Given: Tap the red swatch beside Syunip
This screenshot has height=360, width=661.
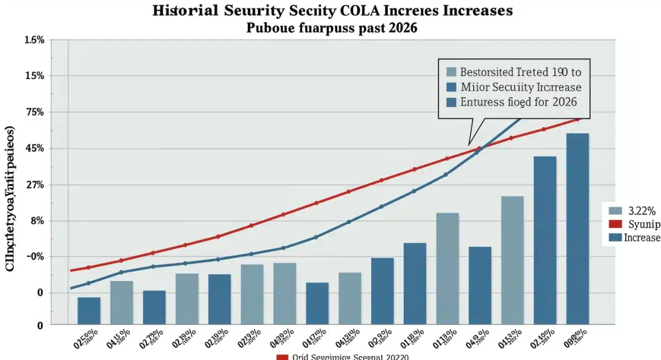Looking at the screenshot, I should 616,223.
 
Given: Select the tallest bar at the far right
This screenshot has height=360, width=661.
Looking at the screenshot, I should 577,228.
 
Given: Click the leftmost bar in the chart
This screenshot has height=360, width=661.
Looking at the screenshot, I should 89,310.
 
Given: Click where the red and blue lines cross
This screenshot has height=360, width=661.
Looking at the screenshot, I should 478,149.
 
